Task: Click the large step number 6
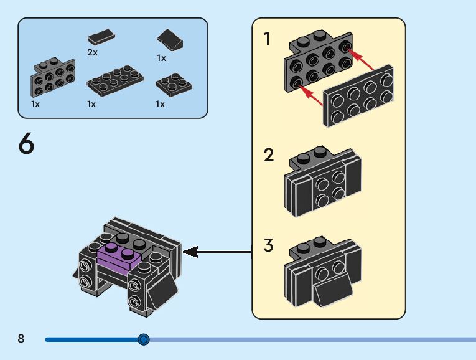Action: [26, 144]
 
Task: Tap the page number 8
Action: [21, 339]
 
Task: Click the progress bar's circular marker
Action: [144, 339]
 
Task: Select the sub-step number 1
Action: [268, 39]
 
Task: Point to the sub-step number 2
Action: [268, 155]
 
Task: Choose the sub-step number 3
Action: [268, 245]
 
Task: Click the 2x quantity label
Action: [92, 53]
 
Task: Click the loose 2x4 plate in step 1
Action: [360, 97]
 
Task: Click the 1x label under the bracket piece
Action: [35, 104]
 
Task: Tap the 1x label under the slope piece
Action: [161, 58]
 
